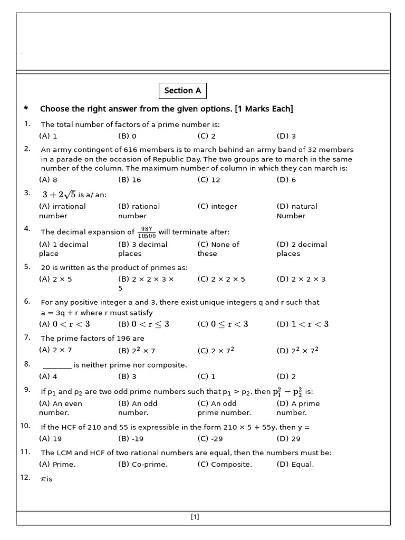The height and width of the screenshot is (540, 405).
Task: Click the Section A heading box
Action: coord(182,91)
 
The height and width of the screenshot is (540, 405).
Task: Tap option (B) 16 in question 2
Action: coord(130,180)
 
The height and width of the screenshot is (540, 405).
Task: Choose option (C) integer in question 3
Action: coord(217,207)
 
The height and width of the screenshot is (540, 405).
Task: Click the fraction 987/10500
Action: coord(146,232)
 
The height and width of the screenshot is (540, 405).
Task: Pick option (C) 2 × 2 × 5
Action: coord(221,279)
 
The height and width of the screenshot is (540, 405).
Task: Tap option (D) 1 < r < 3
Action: coord(303,324)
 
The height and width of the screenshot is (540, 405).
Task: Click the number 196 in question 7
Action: coord(137,339)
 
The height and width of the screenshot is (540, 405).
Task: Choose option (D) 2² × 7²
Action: coord(297,350)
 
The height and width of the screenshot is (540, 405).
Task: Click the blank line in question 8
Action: coord(57,365)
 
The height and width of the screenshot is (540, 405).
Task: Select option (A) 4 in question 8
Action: coord(48,377)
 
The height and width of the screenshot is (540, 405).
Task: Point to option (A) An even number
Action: coord(60,408)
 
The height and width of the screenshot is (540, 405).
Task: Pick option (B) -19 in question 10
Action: coord(131,439)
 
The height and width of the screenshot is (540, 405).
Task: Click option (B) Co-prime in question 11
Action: coord(142,465)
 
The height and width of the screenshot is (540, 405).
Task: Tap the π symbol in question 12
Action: coord(43,479)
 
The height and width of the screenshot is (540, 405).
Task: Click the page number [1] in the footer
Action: coord(195,517)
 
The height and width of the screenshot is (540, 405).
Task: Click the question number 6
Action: coord(27,301)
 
